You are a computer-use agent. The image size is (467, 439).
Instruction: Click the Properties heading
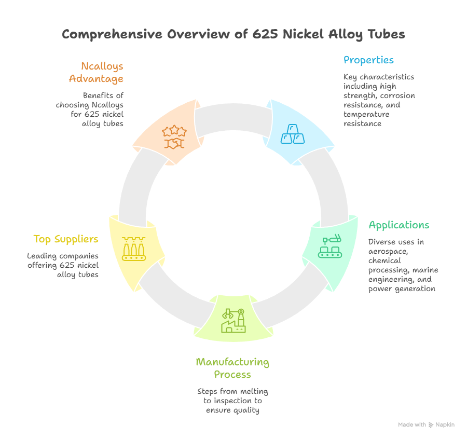(x=368, y=60)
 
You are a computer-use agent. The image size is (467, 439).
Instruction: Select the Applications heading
(x=399, y=225)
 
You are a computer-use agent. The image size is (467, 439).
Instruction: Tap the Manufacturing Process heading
(x=232, y=368)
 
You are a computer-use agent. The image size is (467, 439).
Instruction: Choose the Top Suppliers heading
(x=66, y=239)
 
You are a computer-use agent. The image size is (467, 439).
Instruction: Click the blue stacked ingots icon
(x=293, y=133)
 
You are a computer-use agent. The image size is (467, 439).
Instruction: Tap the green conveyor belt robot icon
(x=332, y=247)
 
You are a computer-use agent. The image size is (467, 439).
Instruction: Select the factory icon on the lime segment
(x=233, y=321)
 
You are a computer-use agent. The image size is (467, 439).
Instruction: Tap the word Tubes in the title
(x=387, y=35)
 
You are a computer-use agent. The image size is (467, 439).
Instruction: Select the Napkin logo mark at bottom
(x=431, y=425)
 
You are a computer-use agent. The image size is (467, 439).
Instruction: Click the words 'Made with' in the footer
(x=412, y=425)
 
